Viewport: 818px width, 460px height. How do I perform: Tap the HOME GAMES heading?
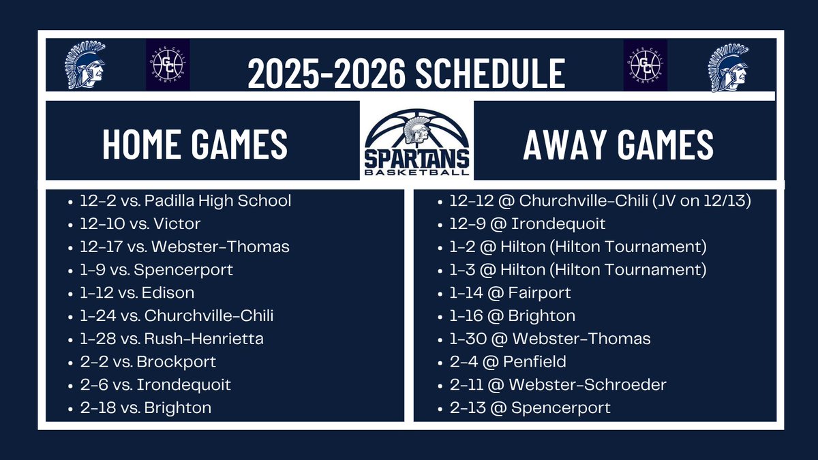click(195, 144)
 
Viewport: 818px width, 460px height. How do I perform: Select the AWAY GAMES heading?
click(618, 144)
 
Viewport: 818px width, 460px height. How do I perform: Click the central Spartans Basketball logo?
click(416, 140)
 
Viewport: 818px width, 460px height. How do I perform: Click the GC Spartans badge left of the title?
click(168, 65)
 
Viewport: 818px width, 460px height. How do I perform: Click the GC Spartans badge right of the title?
click(646, 65)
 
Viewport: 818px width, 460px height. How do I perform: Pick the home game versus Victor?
click(140, 224)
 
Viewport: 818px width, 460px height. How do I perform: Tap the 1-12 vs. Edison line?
click(137, 293)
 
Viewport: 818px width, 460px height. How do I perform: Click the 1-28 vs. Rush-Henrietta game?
click(171, 339)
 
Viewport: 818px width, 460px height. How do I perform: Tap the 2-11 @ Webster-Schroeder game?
click(558, 385)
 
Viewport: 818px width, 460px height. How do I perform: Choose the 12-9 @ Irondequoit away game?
click(528, 224)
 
